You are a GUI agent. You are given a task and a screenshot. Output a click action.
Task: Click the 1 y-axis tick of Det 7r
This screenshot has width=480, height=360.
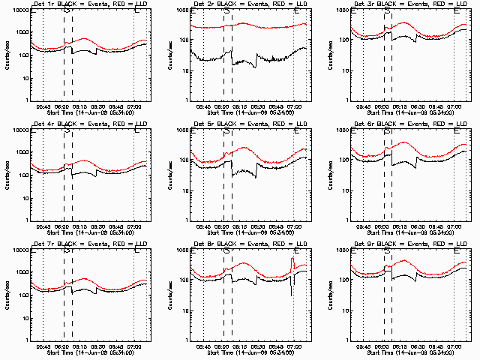26,339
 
